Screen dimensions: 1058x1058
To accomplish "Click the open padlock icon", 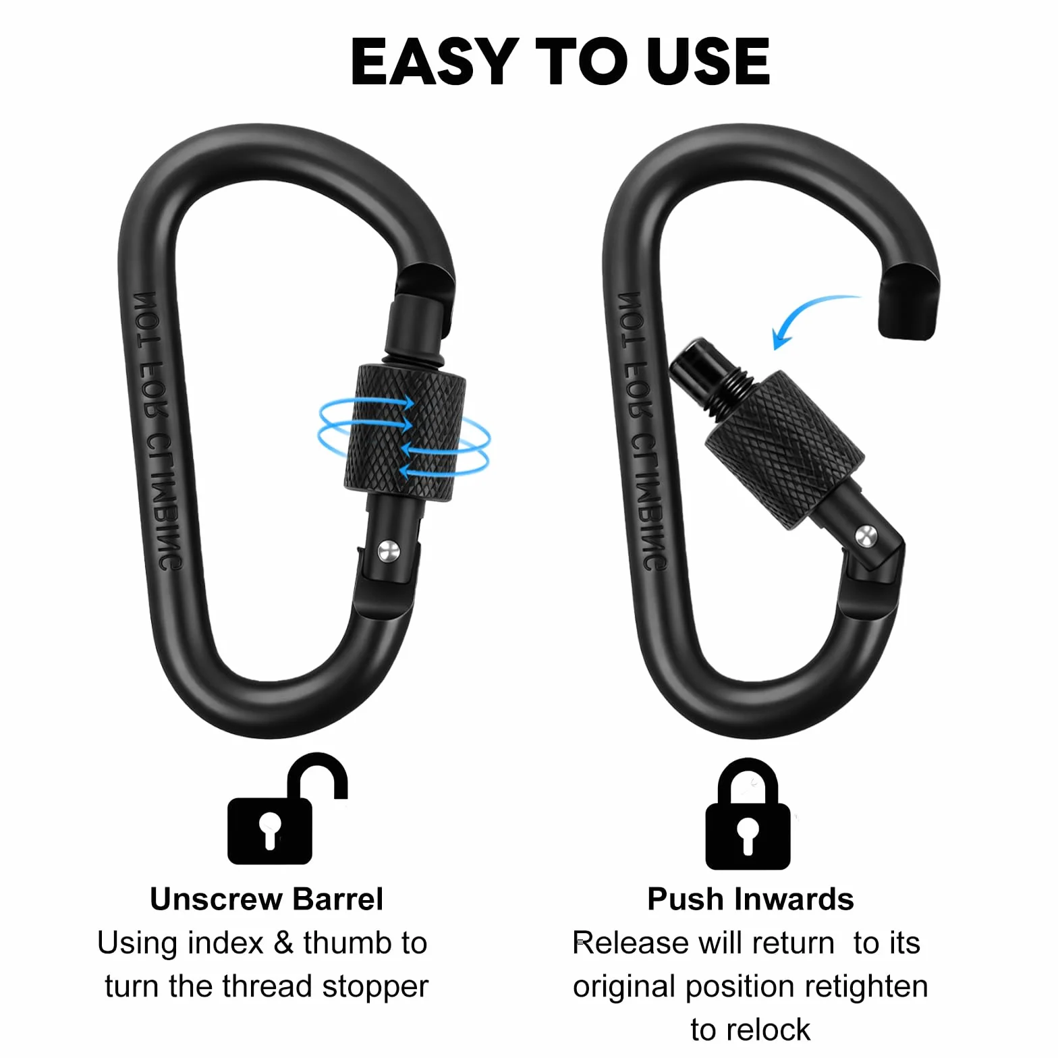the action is click(x=287, y=808).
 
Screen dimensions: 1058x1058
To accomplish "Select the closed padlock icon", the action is click(x=748, y=814).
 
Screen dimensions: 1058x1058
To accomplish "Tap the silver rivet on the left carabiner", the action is click(x=389, y=551).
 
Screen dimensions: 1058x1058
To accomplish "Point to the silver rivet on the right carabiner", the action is click(x=866, y=536).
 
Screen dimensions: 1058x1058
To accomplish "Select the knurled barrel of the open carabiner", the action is click(x=785, y=449).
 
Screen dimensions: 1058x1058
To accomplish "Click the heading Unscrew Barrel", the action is click(x=267, y=899).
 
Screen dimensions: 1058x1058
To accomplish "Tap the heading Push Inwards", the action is click(x=750, y=899).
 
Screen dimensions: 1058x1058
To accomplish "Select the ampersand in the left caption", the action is click(x=284, y=943).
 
